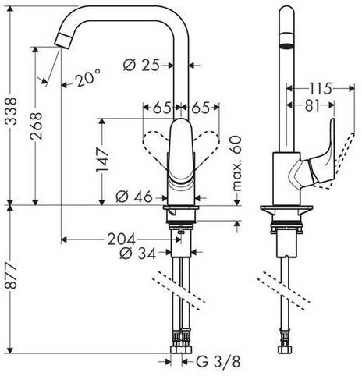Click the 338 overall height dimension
point(11,112)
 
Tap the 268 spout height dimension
point(36,126)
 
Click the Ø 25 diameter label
point(140,65)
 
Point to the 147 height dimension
point(102,160)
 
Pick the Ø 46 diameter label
point(133,197)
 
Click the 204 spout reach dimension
point(122,239)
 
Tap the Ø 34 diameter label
point(137,254)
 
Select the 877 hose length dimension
point(11,275)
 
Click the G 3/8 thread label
point(218,362)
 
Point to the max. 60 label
point(236,164)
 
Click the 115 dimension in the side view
point(321,89)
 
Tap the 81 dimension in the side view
point(311,105)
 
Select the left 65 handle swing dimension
point(161,108)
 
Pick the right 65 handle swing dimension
point(201,108)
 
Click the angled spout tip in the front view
point(63,41)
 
